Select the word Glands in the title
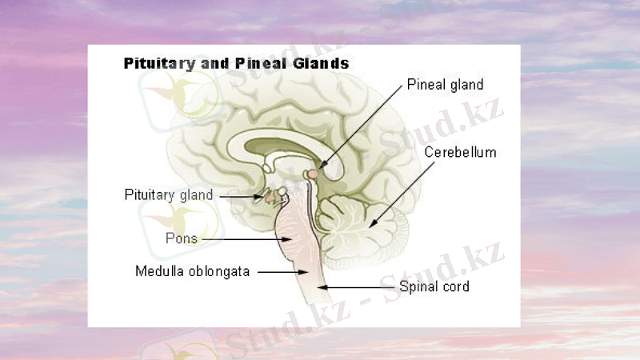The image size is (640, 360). coord(322,62)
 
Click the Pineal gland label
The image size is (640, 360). coord(445,84)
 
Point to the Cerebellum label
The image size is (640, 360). coord(460,152)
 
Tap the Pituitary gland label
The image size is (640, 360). coord(169,194)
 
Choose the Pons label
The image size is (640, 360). coord(182,238)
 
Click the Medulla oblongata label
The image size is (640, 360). coord(192,271)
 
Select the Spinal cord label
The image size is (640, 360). coord(434,286)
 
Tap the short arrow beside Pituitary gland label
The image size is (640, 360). coord(240,195)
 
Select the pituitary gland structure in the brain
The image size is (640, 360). coord(271,196)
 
